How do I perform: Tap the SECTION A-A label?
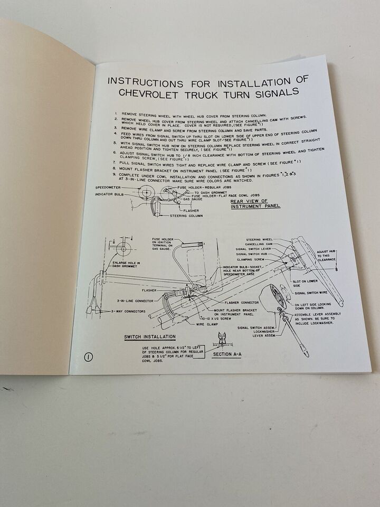coord(226,354)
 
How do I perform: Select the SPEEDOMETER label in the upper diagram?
coord(109,187)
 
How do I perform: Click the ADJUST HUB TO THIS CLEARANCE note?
coord(327,256)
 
